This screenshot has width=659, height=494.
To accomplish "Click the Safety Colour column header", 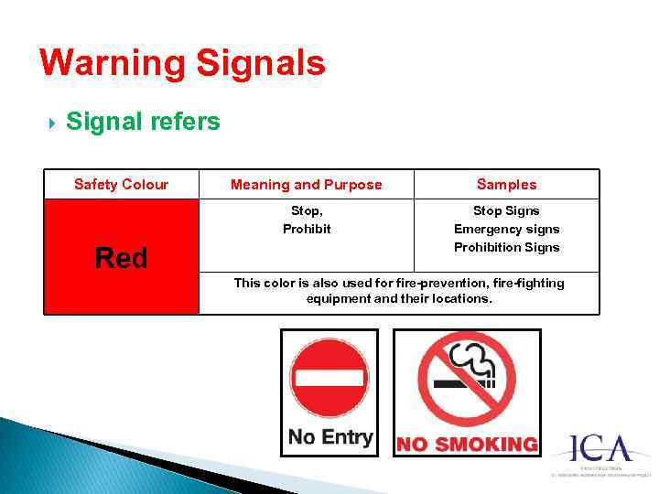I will coord(121,185).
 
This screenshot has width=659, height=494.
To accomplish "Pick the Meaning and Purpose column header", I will coord(306,185).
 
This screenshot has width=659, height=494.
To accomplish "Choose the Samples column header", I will coord(506,185).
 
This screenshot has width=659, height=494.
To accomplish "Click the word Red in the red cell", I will coord(121,259).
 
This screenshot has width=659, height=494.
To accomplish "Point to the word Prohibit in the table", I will coord(307,229).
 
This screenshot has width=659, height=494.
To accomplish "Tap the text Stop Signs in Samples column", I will coord(506,211).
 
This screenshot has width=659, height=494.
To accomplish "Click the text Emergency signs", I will coord(506,229).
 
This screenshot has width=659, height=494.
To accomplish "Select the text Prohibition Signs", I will coord(506,247).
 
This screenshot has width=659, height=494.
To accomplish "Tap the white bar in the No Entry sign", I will coord(329,378).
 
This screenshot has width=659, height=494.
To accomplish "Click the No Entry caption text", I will coord(329,436).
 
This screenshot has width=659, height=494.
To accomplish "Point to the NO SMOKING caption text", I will coord(467,445).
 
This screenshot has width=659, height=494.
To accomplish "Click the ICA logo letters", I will coord(600,449).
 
